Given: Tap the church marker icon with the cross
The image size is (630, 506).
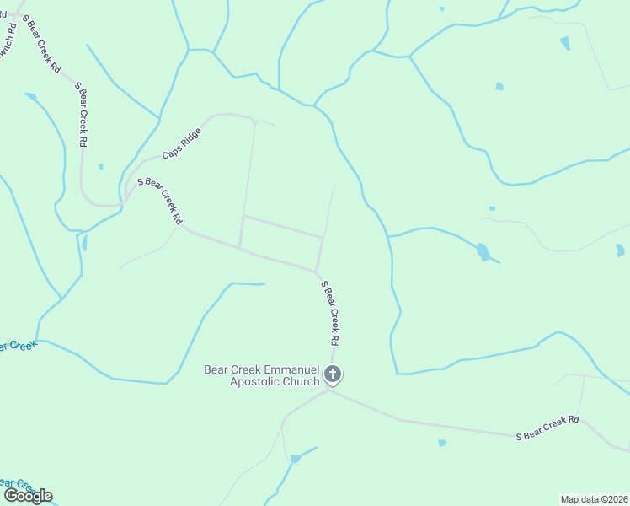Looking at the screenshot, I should pyautogui.click(x=333, y=374).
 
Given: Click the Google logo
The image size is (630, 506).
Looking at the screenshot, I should pyautogui.click(x=28, y=495).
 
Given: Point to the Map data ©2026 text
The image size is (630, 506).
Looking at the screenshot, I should pyautogui.click(x=594, y=498).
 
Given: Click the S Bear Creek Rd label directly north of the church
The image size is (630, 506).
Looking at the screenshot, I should pyautogui.click(x=330, y=315).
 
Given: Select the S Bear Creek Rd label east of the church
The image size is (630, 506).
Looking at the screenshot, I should pyautogui.click(x=548, y=427).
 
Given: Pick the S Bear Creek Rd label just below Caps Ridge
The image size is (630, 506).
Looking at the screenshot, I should pyautogui.click(x=160, y=199).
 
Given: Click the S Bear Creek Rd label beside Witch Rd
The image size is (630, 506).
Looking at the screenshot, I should pyautogui.click(x=42, y=42).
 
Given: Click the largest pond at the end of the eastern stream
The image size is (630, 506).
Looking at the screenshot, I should pyautogui.click(x=482, y=251).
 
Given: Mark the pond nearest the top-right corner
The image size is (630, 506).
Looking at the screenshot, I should pyautogui.click(x=564, y=43).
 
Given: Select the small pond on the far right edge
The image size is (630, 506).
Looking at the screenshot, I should pyautogui.click(x=620, y=250).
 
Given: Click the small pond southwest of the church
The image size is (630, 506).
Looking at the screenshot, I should pyautogui.click(x=296, y=459).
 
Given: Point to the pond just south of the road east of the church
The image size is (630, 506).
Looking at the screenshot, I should pyautogui.click(x=442, y=443).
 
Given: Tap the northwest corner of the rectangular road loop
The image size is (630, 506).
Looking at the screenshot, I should pyautogui.click(x=243, y=217).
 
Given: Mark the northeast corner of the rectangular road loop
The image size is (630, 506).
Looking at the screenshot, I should pyautogui.click(x=323, y=237).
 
